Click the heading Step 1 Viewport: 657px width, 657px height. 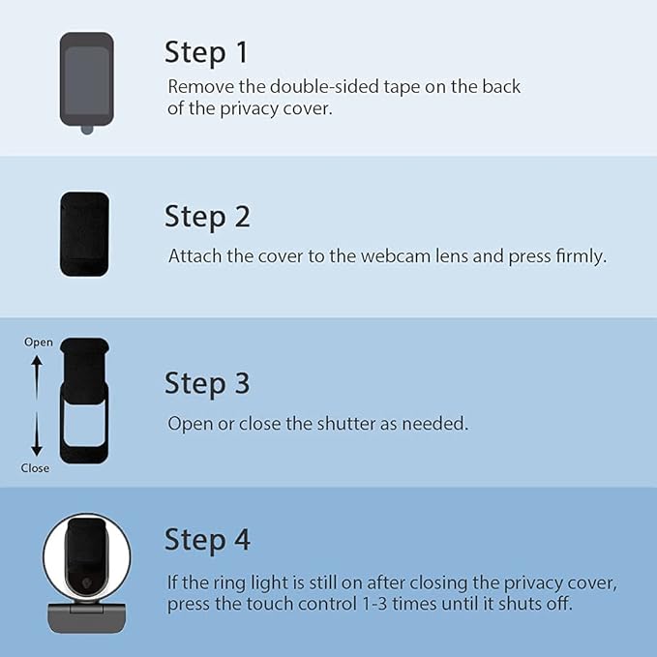pos(206,53)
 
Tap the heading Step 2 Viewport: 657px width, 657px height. pos(207,217)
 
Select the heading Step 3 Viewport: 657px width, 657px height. pos(207,383)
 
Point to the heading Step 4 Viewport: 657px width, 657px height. pos(207,540)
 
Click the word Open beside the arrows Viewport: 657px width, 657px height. pos(39,343)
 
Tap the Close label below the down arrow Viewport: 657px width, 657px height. pos(35,468)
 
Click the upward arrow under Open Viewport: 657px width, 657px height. pos(37,377)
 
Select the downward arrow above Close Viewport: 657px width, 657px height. pos(37,434)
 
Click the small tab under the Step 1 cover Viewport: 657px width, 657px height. pos(87,130)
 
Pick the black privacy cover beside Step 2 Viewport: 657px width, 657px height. pos(84,234)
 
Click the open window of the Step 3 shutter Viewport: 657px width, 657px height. pos(84,422)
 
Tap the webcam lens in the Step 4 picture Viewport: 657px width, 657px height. pos(88,582)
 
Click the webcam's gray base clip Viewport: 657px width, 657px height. pos(87,618)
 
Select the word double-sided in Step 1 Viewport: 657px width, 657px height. pos(324,87)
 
